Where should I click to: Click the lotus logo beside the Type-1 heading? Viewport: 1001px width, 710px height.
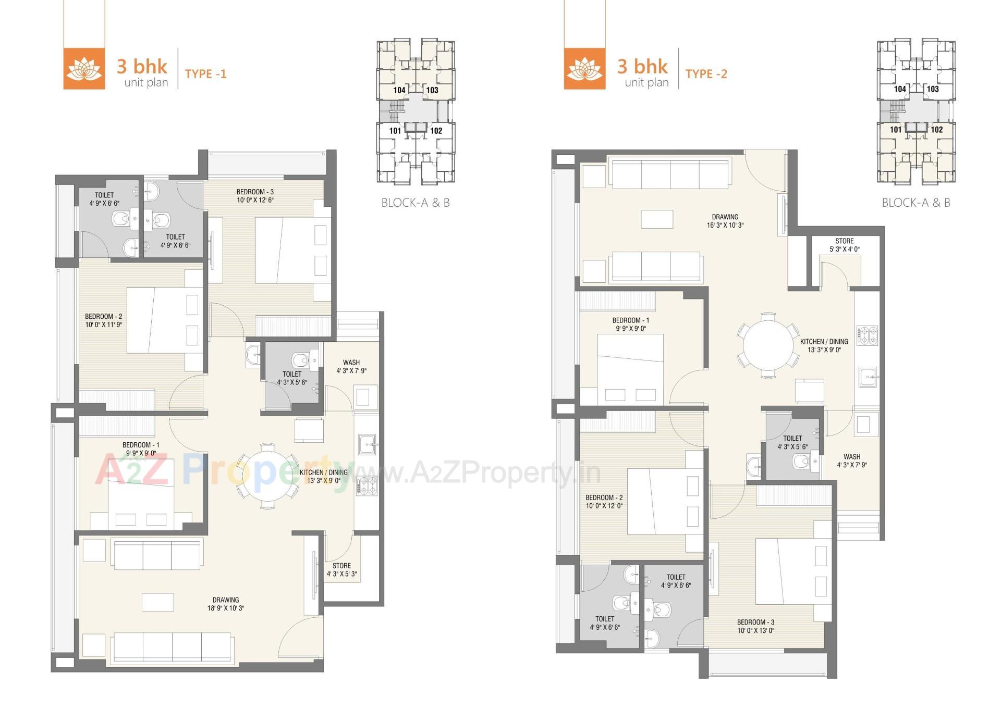tap(84, 68)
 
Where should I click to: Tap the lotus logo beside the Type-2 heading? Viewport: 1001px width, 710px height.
tap(584, 68)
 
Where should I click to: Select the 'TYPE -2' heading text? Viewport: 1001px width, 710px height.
tap(706, 74)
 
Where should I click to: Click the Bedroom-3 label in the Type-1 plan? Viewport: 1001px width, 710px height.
tap(255, 196)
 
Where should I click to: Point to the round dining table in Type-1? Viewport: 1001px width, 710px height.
tap(267, 475)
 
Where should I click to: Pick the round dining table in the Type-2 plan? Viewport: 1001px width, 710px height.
tap(767, 344)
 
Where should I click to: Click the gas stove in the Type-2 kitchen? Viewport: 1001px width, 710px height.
tap(867, 335)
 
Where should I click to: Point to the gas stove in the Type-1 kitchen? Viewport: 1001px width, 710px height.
tap(367, 486)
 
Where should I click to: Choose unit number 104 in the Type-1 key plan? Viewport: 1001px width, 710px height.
tap(399, 90)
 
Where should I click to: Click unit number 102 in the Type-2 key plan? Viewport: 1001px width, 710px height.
tap(936, 130)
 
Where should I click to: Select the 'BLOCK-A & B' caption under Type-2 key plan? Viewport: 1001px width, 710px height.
tap(915, 203)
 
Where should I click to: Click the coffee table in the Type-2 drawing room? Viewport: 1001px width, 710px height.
tap(657, 219)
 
